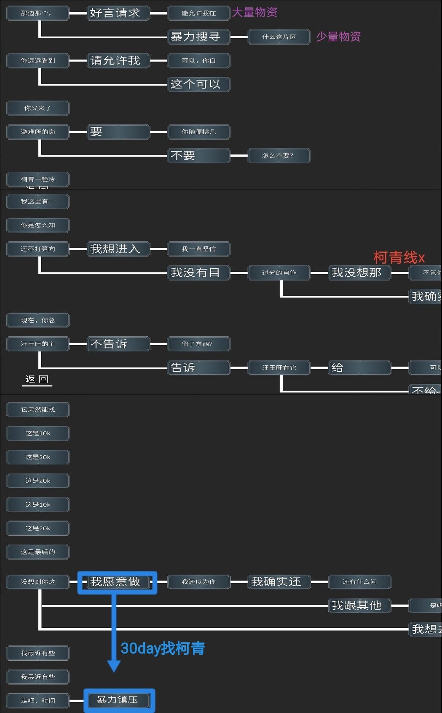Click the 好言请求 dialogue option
[118, 13]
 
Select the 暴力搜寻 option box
[198, 37]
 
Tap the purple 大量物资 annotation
[255, 13]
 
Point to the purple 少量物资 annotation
[338, 37]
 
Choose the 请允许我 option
[118, 61]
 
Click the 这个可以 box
[198, 84]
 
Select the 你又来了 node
[38, 108]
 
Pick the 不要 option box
[198, 156]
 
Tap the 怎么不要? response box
[279, 156]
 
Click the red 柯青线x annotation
[399, 257]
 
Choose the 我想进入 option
[118, 249]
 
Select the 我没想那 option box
[359, 273]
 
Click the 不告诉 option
[118, 344]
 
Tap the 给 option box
[359, 368]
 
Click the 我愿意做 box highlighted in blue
[117, 582]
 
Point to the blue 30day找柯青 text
[163, 648]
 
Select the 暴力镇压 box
[119, 700]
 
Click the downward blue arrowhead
[114, 666]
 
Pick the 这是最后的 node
[38, 552]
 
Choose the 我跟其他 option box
[359, 606]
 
